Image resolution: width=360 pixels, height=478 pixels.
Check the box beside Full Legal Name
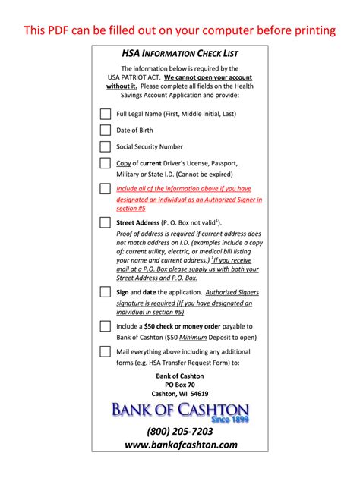click(105, 114)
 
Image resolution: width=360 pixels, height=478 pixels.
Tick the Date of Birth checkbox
click(105, 130)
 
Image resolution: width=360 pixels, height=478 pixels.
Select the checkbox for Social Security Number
click(105, 146)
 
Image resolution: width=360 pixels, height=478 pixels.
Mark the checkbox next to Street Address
click(105, 223)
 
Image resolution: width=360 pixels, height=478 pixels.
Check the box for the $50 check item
click(105, 326)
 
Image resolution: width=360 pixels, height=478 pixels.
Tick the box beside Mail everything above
click(105, 351)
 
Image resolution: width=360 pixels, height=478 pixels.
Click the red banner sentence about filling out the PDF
click(180, 30)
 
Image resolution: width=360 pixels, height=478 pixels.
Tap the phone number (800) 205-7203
click(180, 431)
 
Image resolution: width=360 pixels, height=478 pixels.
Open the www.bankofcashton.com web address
click(181, 445)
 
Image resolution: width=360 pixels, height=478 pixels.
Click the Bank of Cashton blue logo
click(180, 410)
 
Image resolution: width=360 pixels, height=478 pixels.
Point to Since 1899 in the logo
click(230, 418)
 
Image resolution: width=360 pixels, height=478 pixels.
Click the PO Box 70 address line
click(180, 385)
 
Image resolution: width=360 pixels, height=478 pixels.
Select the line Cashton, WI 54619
click(180, 395)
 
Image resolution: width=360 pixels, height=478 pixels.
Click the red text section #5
click(131, 208)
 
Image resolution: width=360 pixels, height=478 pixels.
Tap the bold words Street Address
click(137, 223)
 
